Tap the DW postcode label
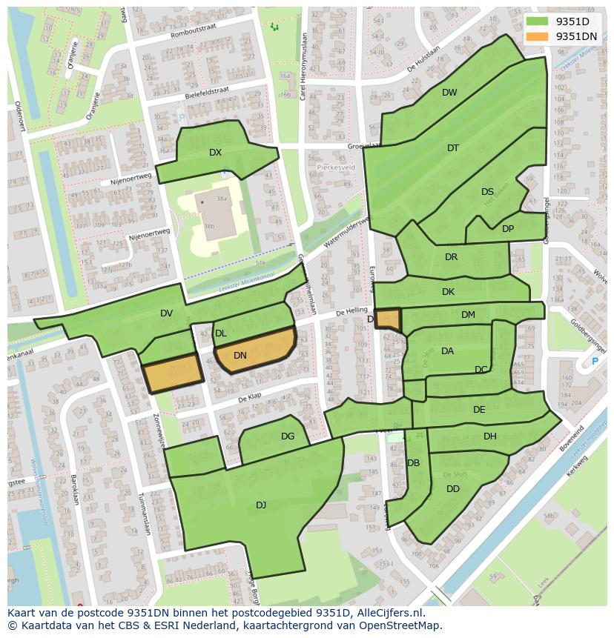(449, 93)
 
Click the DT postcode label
(453, 148)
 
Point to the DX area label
(215, 153)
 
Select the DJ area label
(261, 505)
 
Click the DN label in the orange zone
(240, 356)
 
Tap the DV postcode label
(166, 314)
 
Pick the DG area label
(288, 436)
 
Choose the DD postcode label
(453, 489)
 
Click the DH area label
(490, 436)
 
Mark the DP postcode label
(508, 229)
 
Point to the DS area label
(487, 192)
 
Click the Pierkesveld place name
(337, 167)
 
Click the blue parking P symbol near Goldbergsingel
(594, 362)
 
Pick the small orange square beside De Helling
(388, 319)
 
